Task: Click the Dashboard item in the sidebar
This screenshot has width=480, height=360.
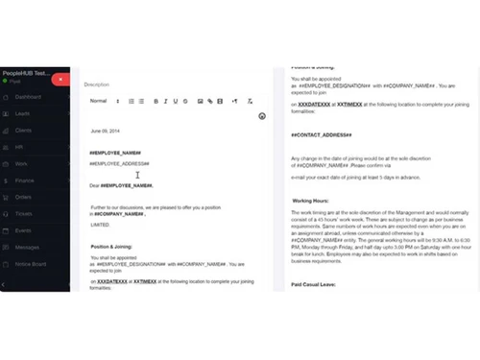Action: [28, 97]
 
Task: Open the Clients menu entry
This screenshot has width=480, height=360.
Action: [24, 130]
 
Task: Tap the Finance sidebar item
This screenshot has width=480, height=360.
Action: [25, 180]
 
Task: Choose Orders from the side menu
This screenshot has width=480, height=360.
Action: [24, 197]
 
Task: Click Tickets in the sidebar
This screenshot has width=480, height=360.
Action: [24, 213]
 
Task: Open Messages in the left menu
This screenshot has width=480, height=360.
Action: [28, 247]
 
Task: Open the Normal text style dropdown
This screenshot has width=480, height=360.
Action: [101, 101]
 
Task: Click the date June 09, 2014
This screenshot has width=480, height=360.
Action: [107, 131]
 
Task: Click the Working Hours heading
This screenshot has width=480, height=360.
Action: [313, 201]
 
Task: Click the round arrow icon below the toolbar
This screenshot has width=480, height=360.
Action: [262, 116]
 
